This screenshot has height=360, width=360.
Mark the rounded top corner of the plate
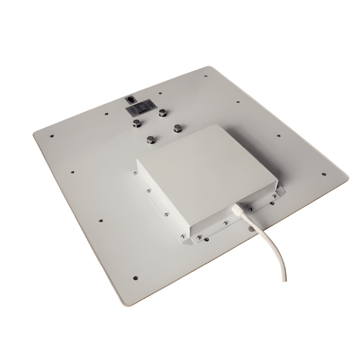pyautogui.click(x=209, y=68)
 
